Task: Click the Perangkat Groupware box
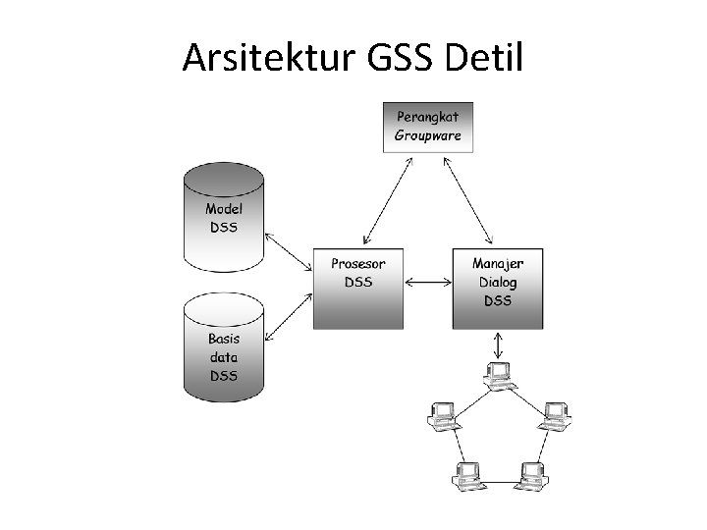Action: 427,127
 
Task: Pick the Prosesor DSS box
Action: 357,288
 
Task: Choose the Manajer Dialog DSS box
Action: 498,288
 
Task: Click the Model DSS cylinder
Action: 223,217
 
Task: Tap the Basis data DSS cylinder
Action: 223,349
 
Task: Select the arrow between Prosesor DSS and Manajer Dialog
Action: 427,283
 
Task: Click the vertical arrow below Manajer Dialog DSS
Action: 498,344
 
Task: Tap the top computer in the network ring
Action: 499,374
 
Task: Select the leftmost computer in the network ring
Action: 442,415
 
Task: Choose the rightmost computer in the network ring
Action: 555,415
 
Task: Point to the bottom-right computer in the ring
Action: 533,475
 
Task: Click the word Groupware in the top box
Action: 427,135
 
